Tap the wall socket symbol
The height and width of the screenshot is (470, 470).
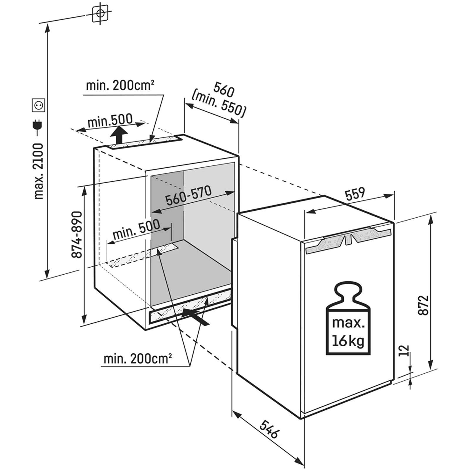click(38, 105)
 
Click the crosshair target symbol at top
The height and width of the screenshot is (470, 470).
click(100, 13)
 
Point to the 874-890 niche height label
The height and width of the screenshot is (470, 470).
click(77, 234)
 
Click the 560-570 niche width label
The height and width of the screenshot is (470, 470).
click(188, 196)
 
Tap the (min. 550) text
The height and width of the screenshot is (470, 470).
click(219, 105)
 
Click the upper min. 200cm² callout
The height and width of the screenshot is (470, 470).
click(120, 86)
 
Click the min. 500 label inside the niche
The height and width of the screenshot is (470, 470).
click(136, 229)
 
